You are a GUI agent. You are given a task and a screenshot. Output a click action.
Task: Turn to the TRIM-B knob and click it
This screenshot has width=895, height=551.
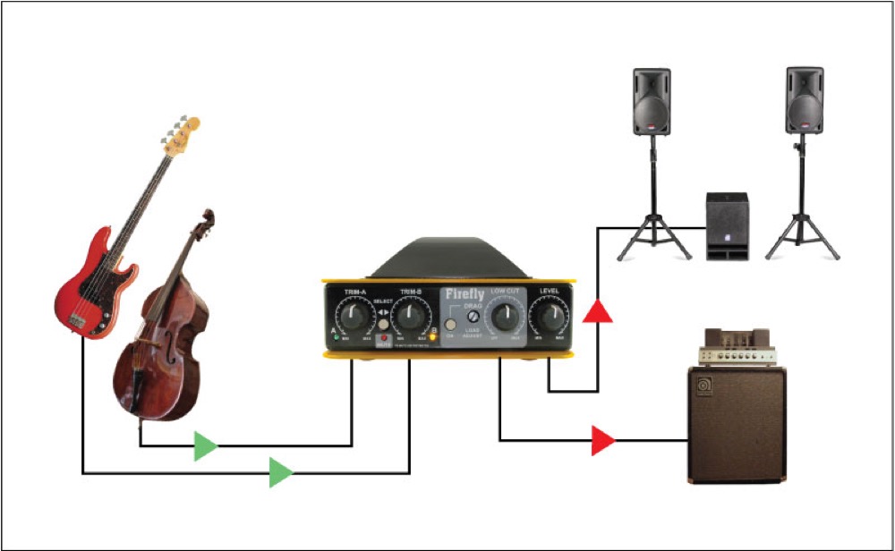pos(411,315)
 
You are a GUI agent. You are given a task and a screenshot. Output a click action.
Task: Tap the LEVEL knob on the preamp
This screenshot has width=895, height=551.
pos(548,315)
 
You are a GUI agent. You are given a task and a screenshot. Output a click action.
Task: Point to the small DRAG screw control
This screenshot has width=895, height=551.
pos(473,315)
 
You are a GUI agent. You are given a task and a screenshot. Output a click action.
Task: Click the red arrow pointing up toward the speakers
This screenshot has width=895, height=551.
pos(597,311)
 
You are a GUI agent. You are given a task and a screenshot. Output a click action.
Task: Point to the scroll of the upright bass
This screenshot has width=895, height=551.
pos(208,217)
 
